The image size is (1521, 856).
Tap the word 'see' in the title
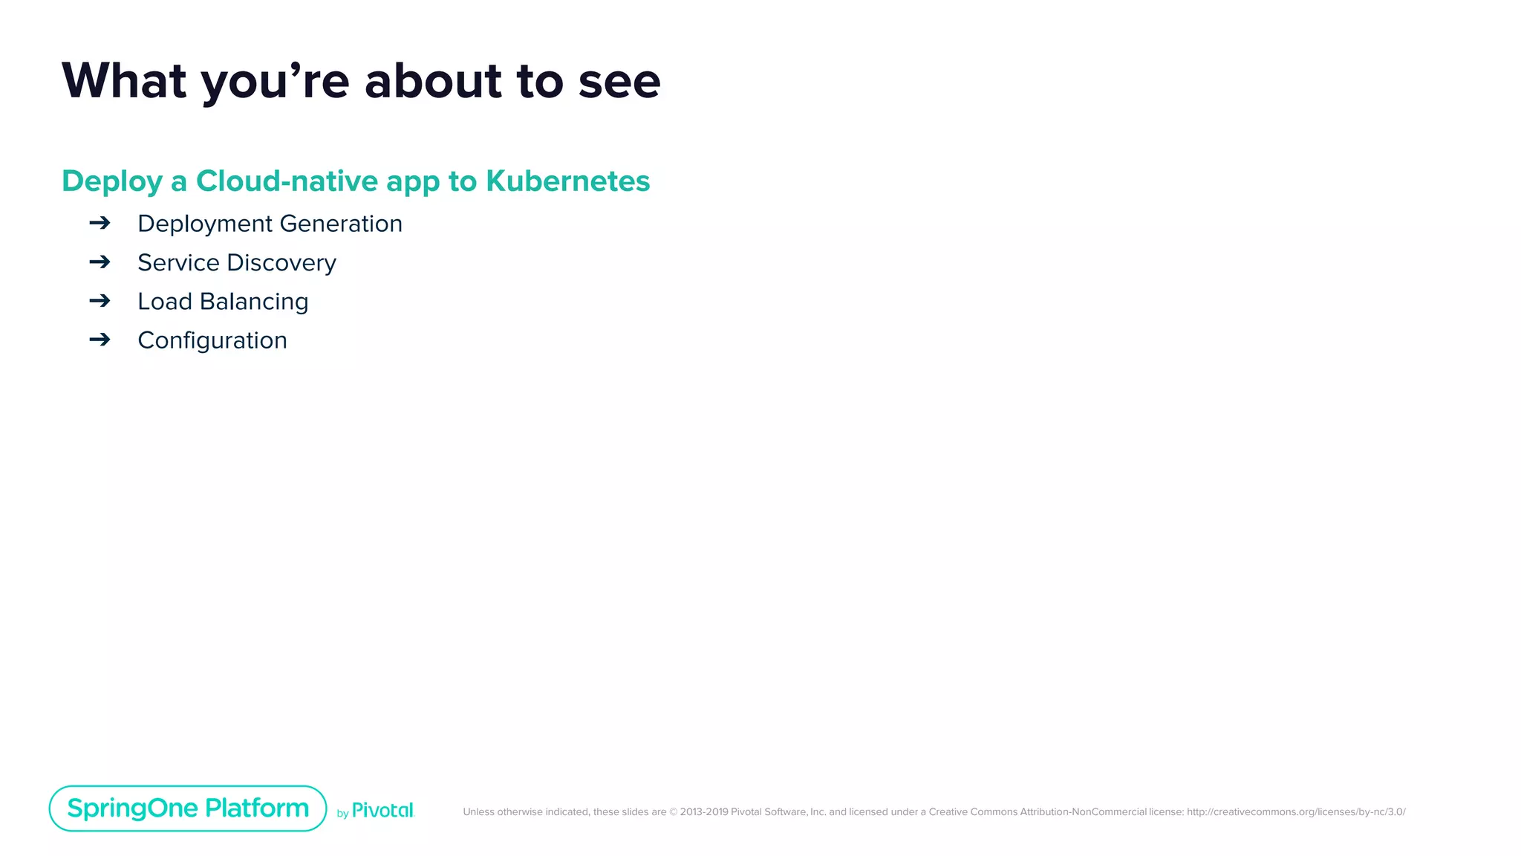click(619, 82)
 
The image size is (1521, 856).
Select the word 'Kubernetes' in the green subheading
click(567, 181)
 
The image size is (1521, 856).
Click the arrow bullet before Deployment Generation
click(100, 223)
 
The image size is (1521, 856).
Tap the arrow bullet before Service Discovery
click(100, 262)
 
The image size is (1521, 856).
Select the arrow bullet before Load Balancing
click(100, 300)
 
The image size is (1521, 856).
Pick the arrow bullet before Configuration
click(100, 340)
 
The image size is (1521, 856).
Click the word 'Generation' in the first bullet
click(341, 224)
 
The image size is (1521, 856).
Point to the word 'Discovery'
click(281, 263)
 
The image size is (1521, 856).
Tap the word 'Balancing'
click(254, 302)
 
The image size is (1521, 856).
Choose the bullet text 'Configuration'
click(212, 340)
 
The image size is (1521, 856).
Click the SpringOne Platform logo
click(188, 808)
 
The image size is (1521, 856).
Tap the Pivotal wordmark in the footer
click(382, 811)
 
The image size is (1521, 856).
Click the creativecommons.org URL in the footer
click(1296, 812)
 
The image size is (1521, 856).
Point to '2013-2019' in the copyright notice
click(703, 812)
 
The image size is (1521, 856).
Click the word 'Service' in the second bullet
click(178, 262)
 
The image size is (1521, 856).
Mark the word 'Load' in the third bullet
click(165, 302)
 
